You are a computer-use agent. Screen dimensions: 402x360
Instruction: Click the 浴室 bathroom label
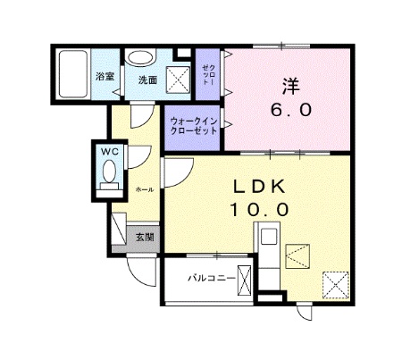click(105, 77)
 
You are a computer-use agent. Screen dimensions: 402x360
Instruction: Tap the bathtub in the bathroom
click(73, 74)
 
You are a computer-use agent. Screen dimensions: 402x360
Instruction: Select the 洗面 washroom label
click(147, 80)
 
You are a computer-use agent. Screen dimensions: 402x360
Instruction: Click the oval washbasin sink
click(140, 57)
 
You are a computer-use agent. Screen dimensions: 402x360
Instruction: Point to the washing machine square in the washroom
click(178, 80)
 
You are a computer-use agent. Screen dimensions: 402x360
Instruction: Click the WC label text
click(110, 152)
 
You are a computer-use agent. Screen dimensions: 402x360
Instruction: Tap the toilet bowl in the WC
click(109, 172)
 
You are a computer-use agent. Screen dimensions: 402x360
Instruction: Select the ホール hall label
click(145, 189)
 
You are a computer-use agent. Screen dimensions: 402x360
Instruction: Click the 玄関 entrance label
click(145, 238)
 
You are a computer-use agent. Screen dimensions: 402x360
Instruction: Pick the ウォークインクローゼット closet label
click(193, 126)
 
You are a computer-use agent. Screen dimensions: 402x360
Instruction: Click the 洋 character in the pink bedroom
click(290, 87)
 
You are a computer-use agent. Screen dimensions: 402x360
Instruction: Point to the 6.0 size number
click(291, 110)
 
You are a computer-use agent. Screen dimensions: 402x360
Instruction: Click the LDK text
click(259, 187)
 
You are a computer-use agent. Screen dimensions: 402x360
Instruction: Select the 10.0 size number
click(259, 210)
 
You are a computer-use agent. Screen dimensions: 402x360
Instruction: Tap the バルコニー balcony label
click(212, 279)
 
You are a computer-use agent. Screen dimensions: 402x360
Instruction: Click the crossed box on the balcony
click(244, 280)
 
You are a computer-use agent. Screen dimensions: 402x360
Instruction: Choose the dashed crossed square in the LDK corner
click(336, 285)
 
